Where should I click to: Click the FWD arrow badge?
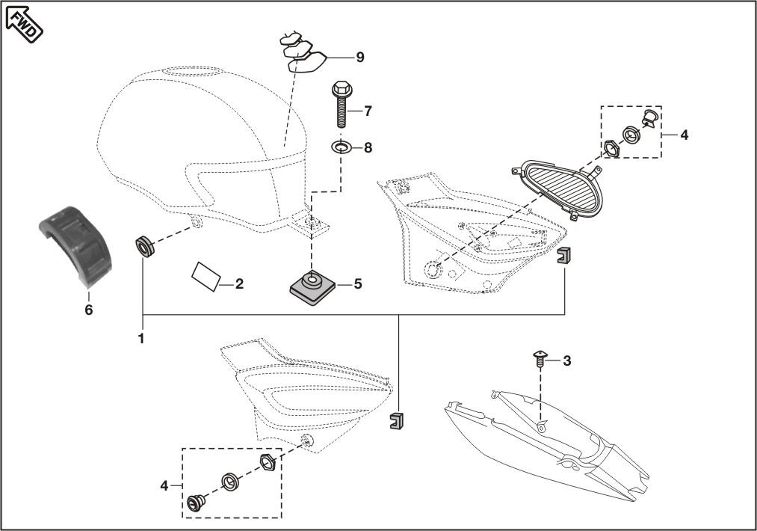coord(25,21)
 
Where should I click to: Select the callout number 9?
coord(360,57)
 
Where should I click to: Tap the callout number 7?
coord(368,111)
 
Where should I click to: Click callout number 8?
coord(368,148)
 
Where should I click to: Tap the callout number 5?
coord(358,284)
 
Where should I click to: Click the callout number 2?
coord(239,284)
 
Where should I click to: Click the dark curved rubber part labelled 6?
coord(73,245)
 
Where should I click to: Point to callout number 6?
coord(88,310)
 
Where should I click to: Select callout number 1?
coord(140,339)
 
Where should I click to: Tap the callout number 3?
coord(567,361)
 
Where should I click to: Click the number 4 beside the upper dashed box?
coord(685,135)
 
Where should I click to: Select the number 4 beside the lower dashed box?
coord(164,486)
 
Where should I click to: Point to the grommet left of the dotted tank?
coord(144,245)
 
